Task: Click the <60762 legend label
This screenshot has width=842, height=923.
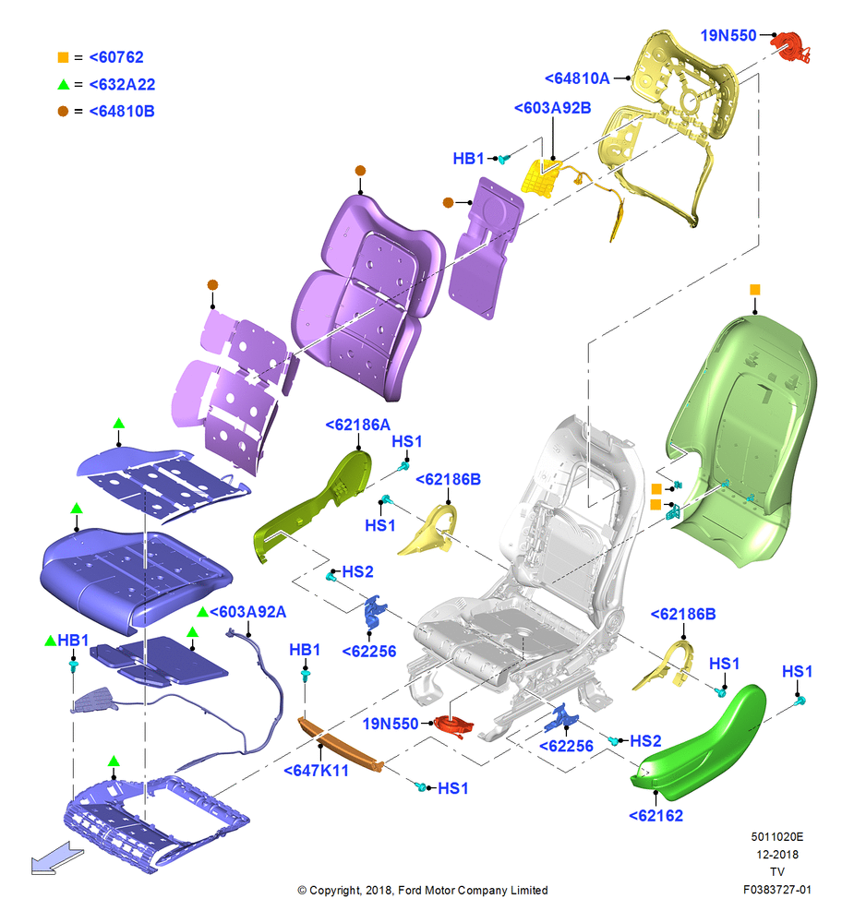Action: coord(116,57)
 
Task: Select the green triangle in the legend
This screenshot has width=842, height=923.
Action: coord(63,85)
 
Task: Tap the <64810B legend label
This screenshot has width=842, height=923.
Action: coord(122,112)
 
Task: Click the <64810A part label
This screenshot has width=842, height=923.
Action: coord(577,78)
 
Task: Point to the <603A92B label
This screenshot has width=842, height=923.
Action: coord(552,108)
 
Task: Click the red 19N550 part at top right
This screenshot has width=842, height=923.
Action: coord(791,46)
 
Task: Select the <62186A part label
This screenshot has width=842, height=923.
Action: coord(358,425)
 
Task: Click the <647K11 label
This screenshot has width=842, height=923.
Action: coord(316,770)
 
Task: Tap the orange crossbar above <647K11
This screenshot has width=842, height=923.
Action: coord(341,744)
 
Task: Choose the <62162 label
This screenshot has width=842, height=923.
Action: coord(656,815)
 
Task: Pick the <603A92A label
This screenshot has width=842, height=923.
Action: coord(247,612)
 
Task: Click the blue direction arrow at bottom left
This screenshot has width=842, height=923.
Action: coord(56,858)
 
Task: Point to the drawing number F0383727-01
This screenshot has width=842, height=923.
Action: coord(776,890)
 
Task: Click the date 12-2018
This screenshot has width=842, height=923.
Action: coord(777,854)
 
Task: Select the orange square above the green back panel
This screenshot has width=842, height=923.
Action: coord(755,290)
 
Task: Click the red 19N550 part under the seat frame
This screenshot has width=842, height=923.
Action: coord(453,725)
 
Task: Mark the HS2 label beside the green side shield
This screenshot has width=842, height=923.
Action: coord(645,740)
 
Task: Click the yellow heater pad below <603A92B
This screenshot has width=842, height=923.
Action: coord(540,178)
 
